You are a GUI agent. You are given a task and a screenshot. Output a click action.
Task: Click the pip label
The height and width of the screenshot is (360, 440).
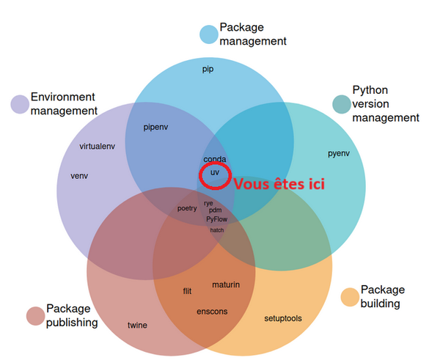(208, 70)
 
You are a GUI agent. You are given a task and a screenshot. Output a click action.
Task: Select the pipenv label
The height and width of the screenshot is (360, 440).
(156, 127)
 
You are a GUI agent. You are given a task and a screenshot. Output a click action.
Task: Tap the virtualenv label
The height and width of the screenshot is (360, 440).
(98, 146)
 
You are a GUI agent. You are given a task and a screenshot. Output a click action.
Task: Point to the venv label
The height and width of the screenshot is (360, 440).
(79, 176)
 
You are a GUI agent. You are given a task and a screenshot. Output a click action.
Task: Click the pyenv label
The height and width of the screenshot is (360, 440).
(338, 153)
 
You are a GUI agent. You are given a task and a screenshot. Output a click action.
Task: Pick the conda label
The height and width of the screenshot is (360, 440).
(214, 159)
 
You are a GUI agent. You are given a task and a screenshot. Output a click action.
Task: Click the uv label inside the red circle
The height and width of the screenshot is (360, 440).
(215, 172)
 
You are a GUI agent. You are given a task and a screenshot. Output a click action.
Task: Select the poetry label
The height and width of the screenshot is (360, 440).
(187, 208)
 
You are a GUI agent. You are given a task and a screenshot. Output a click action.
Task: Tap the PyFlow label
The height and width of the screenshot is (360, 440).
(216, 218)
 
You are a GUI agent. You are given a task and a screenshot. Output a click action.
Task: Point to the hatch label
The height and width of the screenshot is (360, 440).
(217, 230)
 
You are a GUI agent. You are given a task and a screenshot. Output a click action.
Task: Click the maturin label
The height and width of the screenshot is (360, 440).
(226, 284)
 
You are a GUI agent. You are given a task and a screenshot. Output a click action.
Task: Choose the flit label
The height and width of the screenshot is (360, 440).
(188, 291)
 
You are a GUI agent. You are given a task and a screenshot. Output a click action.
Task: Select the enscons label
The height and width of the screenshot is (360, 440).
(212, 311)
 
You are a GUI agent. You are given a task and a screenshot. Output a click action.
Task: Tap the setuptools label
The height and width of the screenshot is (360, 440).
(283, 318)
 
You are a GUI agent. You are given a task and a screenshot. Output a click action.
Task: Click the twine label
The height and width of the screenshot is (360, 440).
(137, 325)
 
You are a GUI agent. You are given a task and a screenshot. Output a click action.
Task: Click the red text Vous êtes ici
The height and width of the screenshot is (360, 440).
(279, 184)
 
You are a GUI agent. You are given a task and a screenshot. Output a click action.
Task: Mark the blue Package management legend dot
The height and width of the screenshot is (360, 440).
(209, 34)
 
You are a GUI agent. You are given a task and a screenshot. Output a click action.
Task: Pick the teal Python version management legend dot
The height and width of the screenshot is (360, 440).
(341, 104)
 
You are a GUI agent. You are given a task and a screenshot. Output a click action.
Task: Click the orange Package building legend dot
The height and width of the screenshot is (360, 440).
(350, 297)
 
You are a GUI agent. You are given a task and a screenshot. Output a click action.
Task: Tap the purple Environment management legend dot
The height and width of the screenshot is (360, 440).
(19, 104)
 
